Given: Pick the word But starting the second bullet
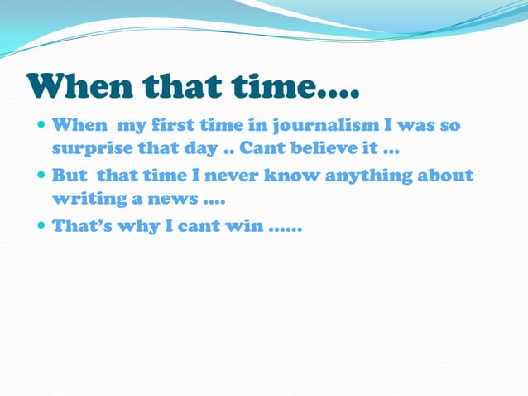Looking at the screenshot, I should pos(71,176).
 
